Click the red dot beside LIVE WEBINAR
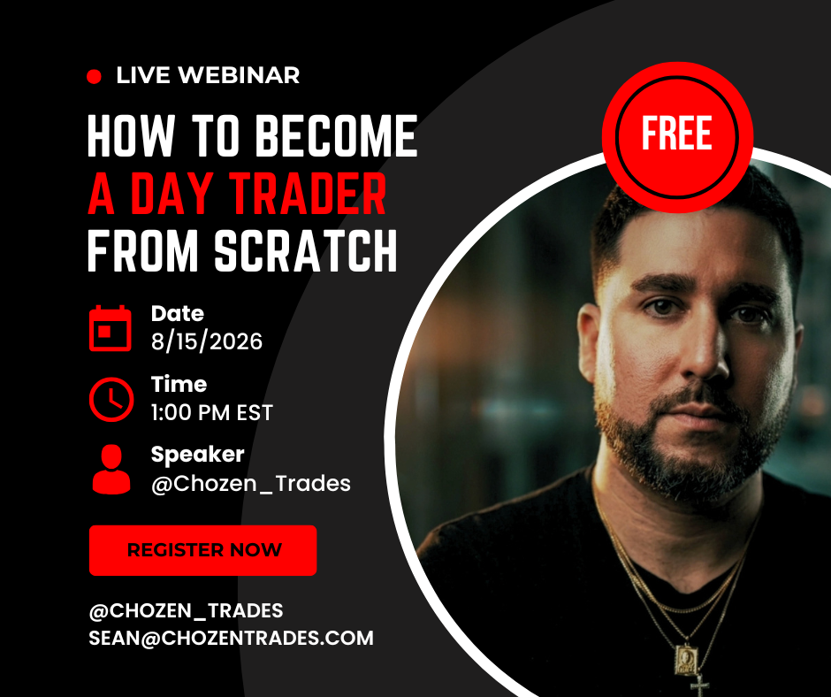pyautogui.click(x=95, y=77)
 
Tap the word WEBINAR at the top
pyautogui.click(x=239, y=75)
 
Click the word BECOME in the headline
pyautogui.click(x=337, y=136)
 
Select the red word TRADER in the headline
pyautogui.click(x=308, y=194)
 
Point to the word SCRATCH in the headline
pyautogui.click(x=306, y=251)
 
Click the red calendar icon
pyautogui.click(x=111, y=328)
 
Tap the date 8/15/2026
pyautogui.click(x=207, y=341)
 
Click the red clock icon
pyautogui.click(x=111, y=400)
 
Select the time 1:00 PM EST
pyautogui.click(x=211, y=413)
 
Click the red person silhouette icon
pyautogui.click(x=111, y=470)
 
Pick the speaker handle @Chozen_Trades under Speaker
pyautogui.click(x=251, y=484)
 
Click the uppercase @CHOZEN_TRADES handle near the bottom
pyautogui.click(x=186, y=610)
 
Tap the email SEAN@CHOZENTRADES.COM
pyautogui.click(x=231, y=638)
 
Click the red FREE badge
pyautogui.click(x=677, y=137)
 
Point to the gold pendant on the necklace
pyautogui.click(x=685, y=660)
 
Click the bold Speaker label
pyautogui.click(x=198, y=455)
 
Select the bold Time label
pyautogui.click(x=179, y=384)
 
